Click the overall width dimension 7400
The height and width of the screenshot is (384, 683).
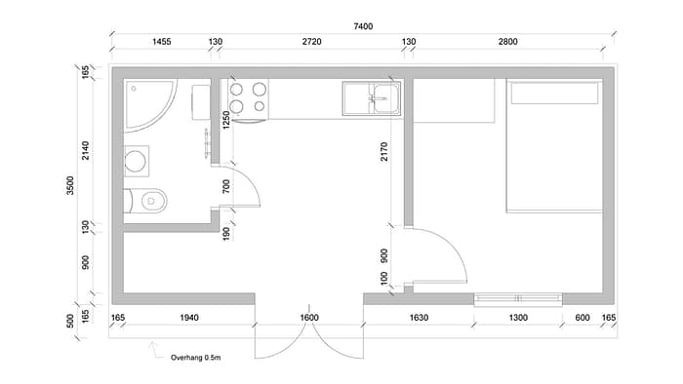tap(363, 26)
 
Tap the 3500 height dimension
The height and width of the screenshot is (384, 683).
tap(70, 185)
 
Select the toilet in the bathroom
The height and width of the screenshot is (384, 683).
tap(145, 201)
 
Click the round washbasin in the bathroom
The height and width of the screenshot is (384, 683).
tap(137, 162)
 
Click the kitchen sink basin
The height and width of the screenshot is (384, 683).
tap(385, 98)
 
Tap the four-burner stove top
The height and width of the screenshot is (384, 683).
tap(248, 98)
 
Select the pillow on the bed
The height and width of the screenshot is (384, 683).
tap(554, 93)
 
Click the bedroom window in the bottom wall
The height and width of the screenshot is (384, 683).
tap(518, 299)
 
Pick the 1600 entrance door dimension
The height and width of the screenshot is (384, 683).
tap(309, 318)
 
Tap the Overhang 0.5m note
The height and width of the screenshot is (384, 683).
tap(195, 358)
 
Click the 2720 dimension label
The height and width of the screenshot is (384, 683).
tap(312, 42)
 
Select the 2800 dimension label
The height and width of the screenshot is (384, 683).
tap(508, 42)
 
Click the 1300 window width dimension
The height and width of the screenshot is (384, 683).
tap(518, 318)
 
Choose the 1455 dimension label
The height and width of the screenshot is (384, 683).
tap(162, 42)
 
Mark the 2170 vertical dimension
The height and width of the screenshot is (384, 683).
tap(383, 151)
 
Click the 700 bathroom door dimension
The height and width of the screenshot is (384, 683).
tap(225, 186)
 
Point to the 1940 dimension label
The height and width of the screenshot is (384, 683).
tap(189, 318)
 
